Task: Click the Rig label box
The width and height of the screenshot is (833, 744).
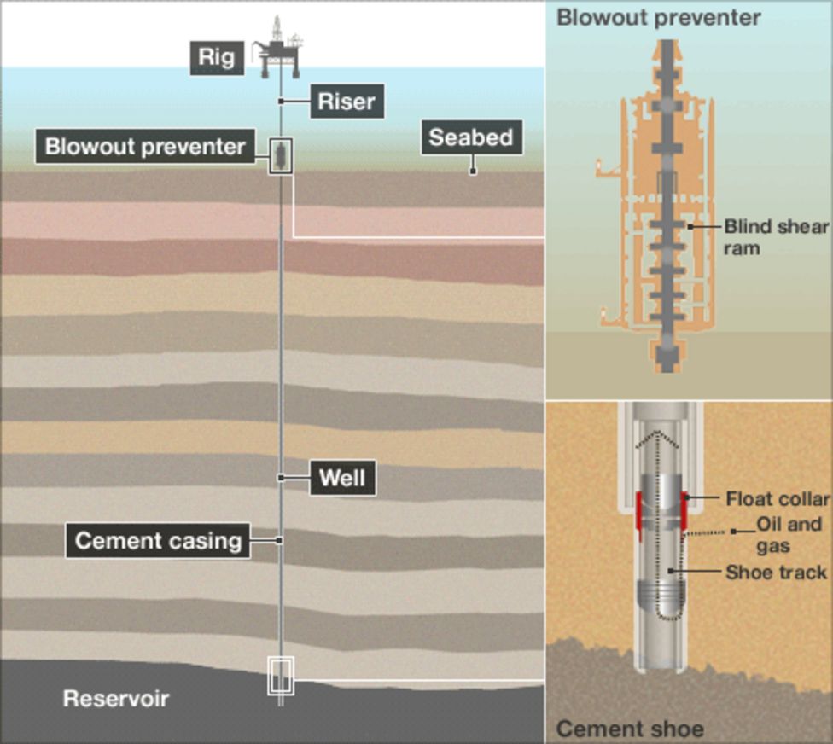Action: pos(217,57)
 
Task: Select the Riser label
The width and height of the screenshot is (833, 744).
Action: pos(346,102)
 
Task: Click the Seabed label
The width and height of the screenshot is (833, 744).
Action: pos(470,137)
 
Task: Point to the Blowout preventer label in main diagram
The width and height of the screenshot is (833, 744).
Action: pos(145,146)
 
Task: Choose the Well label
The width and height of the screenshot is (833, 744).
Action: pos(342,478)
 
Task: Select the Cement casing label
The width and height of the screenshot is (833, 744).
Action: pos(158,541)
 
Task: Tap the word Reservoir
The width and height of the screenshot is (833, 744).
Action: pos(116,699)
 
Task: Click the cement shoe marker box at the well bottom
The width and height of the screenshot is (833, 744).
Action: pos(281,676)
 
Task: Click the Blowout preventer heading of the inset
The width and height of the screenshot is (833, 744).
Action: pos(658,18)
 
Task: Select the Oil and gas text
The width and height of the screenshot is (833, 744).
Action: pos(789,535)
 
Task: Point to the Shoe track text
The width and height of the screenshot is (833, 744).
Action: pos(776,573)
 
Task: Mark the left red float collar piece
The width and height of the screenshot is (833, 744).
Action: pos(638,516)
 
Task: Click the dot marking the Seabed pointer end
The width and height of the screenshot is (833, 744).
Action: pos(473,171)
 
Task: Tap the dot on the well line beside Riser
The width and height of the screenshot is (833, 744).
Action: pos(281,102)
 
